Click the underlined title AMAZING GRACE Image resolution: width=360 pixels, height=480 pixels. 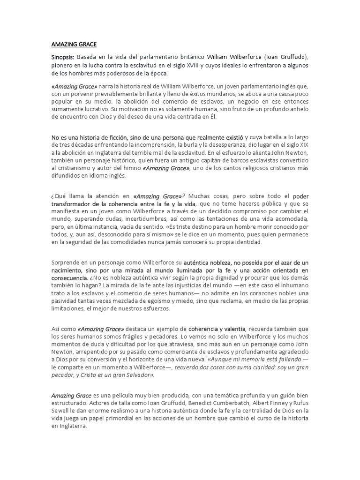click(x=74, y=45)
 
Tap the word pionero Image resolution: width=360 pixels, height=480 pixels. click(x=63, y=66)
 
